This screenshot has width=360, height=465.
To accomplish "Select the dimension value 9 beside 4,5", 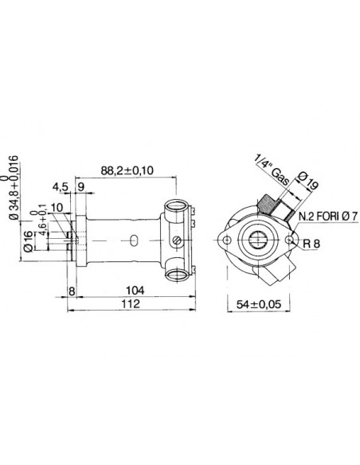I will [82, 188].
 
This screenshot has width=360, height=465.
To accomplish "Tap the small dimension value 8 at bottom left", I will [72, 291].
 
